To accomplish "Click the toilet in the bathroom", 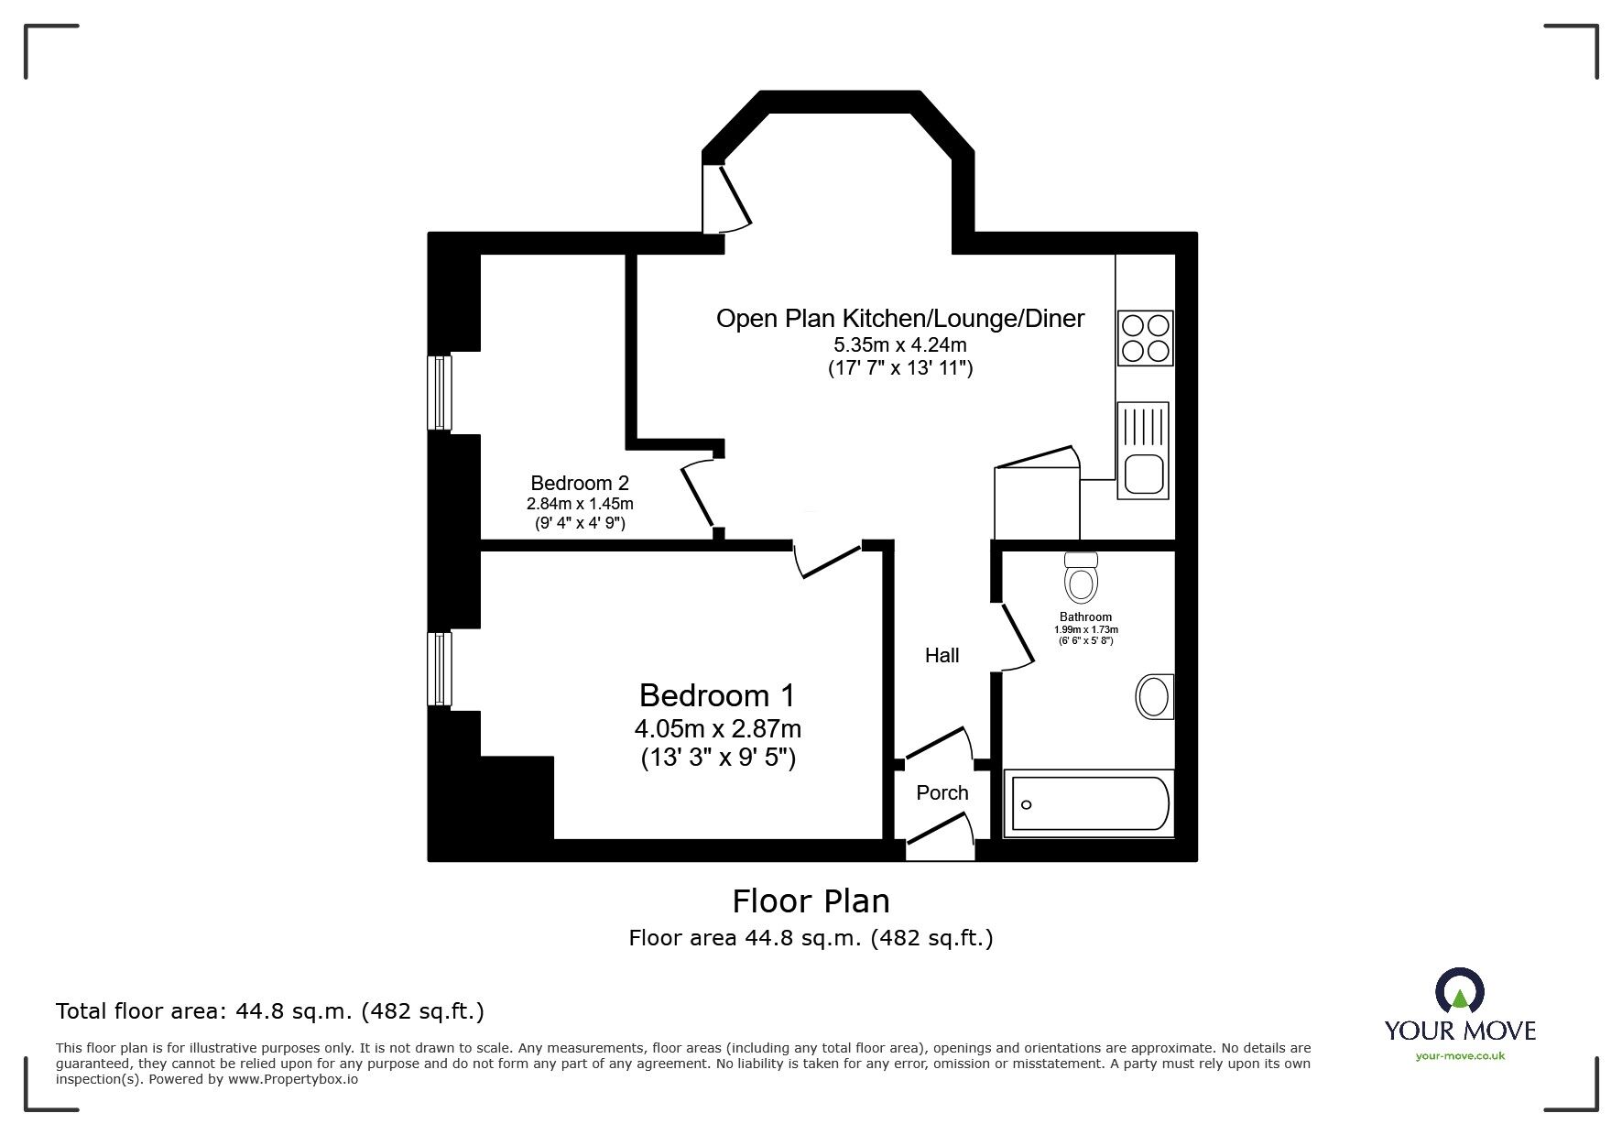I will (1082, 577).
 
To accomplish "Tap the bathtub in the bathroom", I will (1088, 803).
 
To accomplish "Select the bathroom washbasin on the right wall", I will (1155, 697).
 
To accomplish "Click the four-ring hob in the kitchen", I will (1145, 338).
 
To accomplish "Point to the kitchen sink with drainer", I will (1142, 451).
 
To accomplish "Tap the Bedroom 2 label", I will (580, 483).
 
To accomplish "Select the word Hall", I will (942, 655).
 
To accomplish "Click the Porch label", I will (942, 793).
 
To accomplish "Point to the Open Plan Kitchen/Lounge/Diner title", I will (899, 319).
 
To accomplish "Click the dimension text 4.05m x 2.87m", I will (717, 729).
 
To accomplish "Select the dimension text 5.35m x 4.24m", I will (899, 345).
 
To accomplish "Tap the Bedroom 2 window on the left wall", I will (441, 393).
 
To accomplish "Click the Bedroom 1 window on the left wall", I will (441, 669).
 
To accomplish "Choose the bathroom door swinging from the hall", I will (1015, 635).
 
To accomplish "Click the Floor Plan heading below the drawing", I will (811, 901).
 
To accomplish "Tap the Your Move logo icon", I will (1459, 991).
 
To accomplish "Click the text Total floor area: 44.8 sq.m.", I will (269, 1011).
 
